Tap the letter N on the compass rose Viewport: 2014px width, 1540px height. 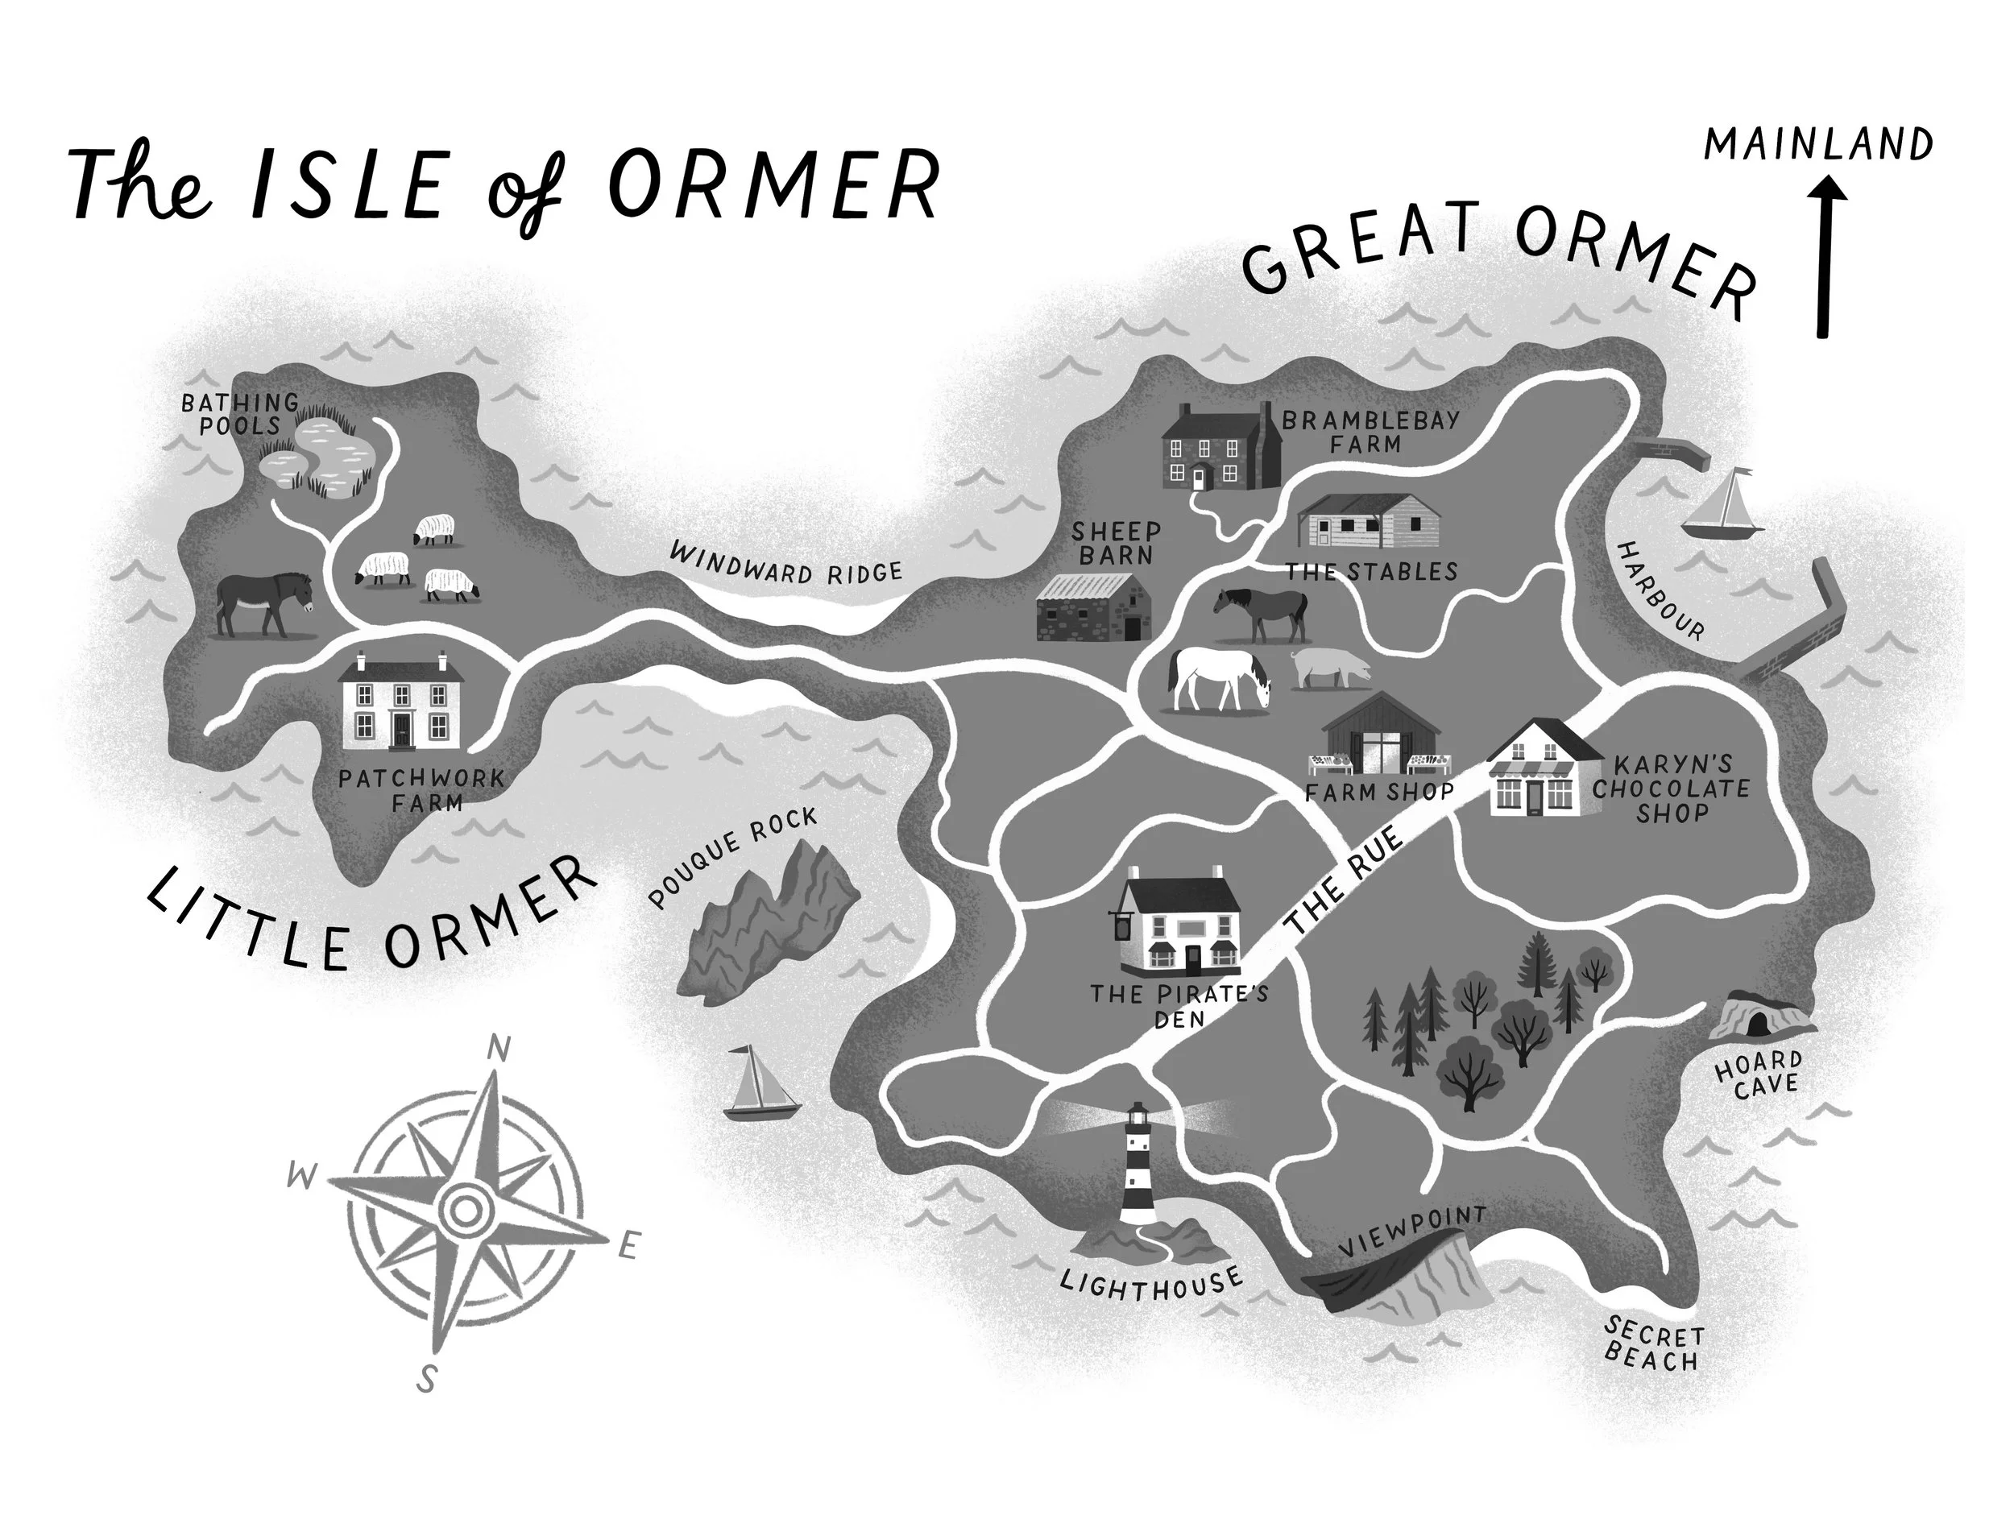click(497, 1048)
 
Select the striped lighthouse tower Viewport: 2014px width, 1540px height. click(1138, 1164)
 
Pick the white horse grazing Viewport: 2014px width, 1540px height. click(1219, 678)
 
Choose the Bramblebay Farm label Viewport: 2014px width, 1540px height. click(1370, 432)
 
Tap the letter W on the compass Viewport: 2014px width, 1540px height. click(300, 1176)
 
